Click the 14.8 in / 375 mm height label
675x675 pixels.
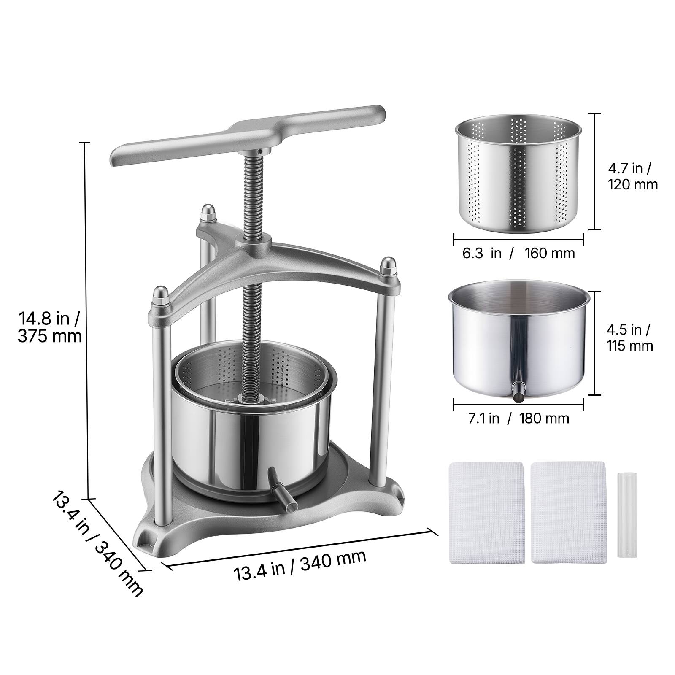[49, 327]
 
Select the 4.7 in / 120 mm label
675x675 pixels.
[633, 176]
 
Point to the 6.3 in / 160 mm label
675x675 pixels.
[518, 253]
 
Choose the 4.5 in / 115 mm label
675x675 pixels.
[630, 337]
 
